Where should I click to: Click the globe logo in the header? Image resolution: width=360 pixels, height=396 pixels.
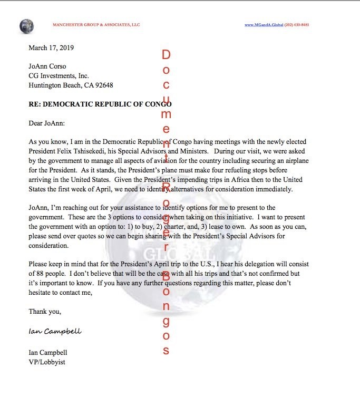pyautogui.click(x=26, y=25)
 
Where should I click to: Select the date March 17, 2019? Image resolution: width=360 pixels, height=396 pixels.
pyautogui.click(x=51, y=47)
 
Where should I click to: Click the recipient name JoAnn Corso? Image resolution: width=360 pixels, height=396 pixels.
pyautogui.click(x=48, y=66)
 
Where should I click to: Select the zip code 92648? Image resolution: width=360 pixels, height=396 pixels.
pyautogui.click(x=103, y=85)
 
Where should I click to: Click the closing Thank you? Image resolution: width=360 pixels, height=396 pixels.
pyautogui.click(x=45, y=311)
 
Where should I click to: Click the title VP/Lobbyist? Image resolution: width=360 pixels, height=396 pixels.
pyautogui.click(x=47, y=362)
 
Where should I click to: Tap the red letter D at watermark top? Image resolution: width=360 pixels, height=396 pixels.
pyautogui.click(x=166, y=55)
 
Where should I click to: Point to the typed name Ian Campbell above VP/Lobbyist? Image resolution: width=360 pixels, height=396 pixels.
pyautogui.click(x=48, y=352)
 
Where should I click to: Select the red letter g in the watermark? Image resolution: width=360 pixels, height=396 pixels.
pyautogui.click(x=166, y=321)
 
